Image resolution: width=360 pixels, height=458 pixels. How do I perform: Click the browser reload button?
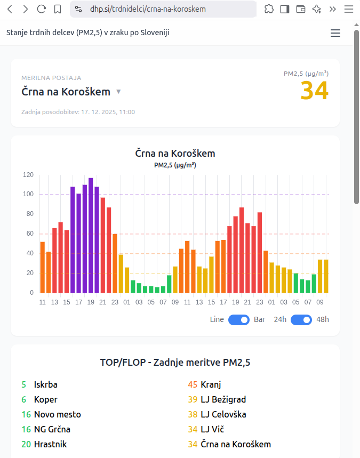click(41, 9)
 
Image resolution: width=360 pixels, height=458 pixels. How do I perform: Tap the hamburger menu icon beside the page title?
click(335, 33)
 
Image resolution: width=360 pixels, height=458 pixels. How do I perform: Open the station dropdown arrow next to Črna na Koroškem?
click(118, 92)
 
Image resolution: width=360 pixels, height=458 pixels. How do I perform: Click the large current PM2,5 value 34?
click(314, 91)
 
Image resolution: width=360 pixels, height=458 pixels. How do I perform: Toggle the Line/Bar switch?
click(239, 320)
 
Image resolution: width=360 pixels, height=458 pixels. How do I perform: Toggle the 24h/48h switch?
click(301, 320)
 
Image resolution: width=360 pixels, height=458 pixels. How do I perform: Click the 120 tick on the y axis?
click(28, 175)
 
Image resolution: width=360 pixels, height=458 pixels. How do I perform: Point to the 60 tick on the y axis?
click(30, 234)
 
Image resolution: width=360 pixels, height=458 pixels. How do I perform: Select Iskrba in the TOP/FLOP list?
click(45, 384)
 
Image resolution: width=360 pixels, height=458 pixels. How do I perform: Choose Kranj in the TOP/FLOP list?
click(211, 384)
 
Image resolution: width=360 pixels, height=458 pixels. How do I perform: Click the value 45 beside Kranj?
click(193, 384)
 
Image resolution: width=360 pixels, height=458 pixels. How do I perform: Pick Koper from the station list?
click(45, 399)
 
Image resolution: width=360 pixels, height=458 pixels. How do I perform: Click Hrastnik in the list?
click(50, 444)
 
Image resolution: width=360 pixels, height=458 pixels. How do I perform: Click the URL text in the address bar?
click(148, 9)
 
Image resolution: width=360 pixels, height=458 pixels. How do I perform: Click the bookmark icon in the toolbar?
click(58, 9)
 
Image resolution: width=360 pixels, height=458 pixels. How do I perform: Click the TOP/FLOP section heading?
click(175, 363)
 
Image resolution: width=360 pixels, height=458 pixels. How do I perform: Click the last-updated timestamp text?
click(78, 112)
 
